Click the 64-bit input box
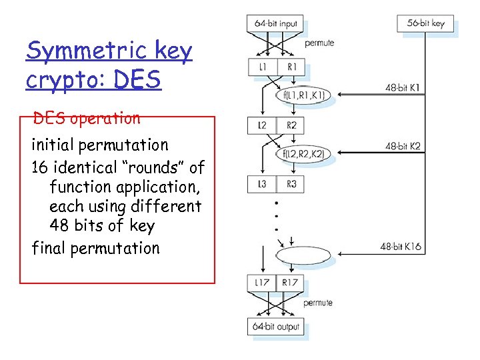275,23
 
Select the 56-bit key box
425,23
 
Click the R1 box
291,67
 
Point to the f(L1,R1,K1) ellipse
303,95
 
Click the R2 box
291,125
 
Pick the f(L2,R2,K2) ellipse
303,155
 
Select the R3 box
291,184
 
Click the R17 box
291,283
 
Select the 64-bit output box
276,327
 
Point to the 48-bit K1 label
403,87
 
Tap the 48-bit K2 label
403,146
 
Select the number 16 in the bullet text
40,167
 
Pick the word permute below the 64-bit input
319,43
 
